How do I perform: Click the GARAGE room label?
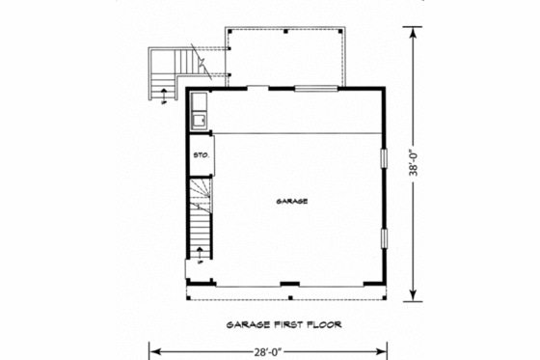point(291,202)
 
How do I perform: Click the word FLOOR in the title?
point(322,324)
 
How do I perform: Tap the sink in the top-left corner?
point(198,120)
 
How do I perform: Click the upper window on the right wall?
point(384,160)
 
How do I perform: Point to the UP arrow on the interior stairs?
point(199,253)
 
